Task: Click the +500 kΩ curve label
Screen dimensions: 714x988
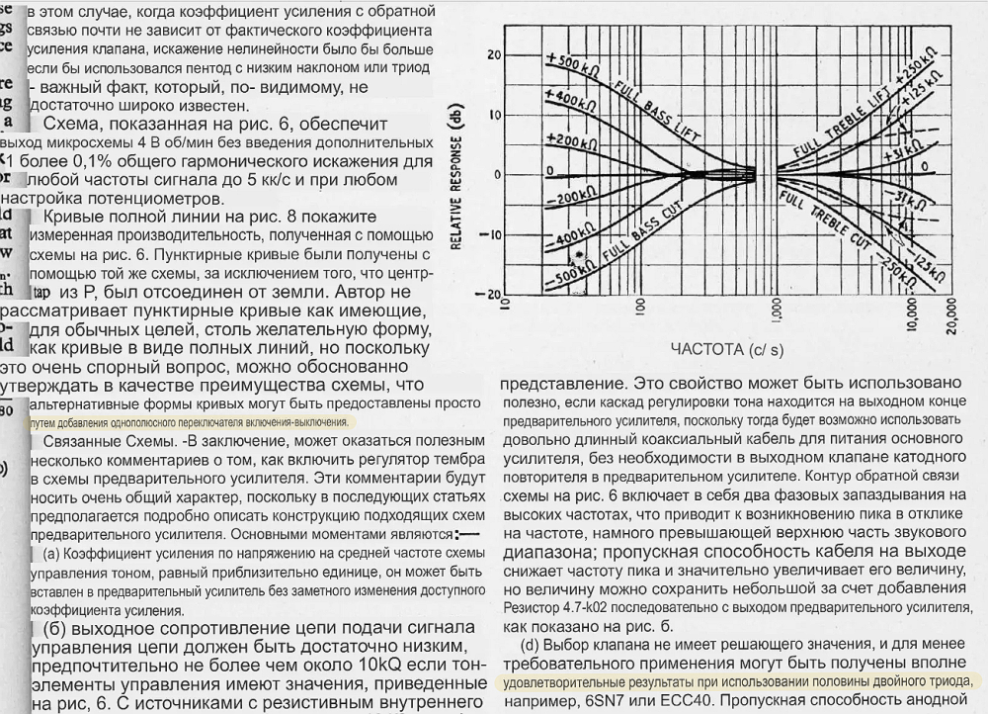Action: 573,62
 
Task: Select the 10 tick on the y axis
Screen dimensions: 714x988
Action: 494,115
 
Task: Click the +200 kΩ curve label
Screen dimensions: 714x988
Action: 569,141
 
